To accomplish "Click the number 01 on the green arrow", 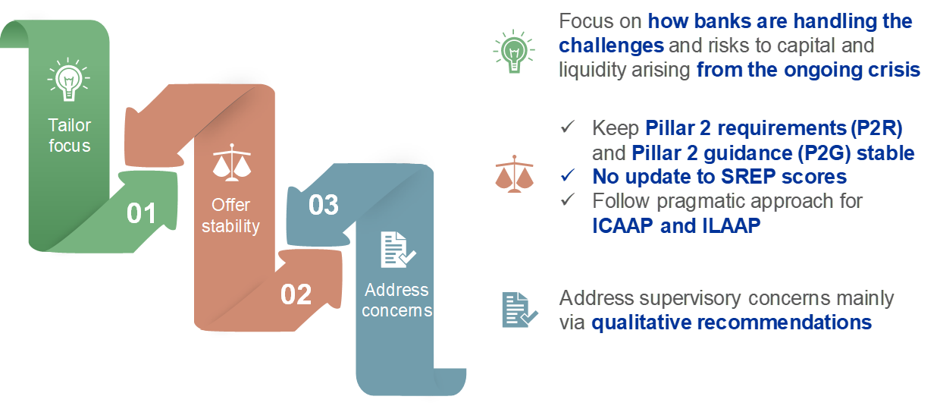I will click(x=141, y=213).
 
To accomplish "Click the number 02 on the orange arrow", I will click(x=296, y=294).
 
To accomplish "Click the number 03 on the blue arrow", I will click(x=324, y=204).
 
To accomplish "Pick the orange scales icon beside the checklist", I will click(x=514, y=173).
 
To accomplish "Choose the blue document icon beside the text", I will click(x=519, y=310).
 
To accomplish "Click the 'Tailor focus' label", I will click(x=69, y=135).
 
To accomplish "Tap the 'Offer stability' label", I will click(x=231, y=216).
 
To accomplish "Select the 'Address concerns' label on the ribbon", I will click(x=397, y=300).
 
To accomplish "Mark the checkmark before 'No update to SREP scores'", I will click(x=568, y=176).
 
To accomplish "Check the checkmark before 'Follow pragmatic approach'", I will click(x=568, y=200).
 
